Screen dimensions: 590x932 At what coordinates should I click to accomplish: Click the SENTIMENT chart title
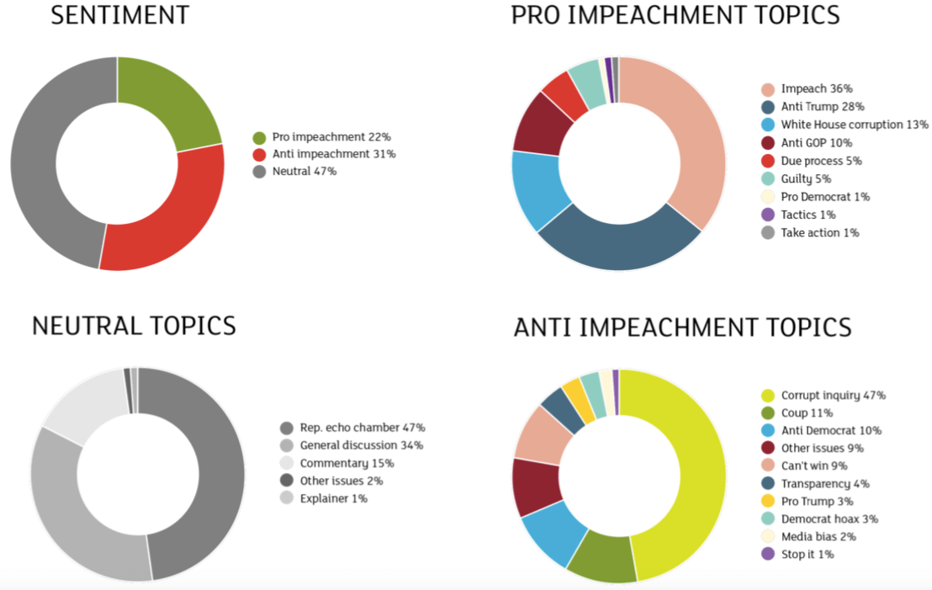120,15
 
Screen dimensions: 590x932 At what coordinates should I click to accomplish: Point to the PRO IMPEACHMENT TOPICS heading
675,15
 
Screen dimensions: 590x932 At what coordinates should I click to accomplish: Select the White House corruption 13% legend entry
855,125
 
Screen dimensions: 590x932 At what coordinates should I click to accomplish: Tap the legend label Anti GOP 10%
817,142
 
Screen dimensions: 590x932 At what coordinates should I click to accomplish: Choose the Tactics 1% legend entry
811,215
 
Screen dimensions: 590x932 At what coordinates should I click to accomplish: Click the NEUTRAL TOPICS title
134,326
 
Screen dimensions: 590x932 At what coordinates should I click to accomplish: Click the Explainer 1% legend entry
335,498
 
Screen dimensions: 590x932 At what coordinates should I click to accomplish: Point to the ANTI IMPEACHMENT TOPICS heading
682,327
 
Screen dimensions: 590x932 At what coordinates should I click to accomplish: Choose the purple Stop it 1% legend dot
767,554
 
